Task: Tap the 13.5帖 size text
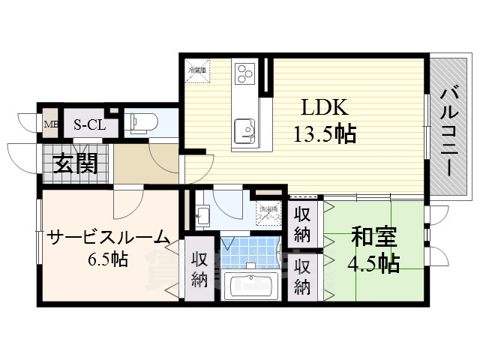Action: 324,134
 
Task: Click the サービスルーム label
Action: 108,238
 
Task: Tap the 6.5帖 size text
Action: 108,261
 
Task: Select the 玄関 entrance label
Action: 76,163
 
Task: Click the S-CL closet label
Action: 88,124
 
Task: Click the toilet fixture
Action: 141,122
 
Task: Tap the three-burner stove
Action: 245,73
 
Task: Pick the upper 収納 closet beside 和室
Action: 302,223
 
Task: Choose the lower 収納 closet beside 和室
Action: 302,275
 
